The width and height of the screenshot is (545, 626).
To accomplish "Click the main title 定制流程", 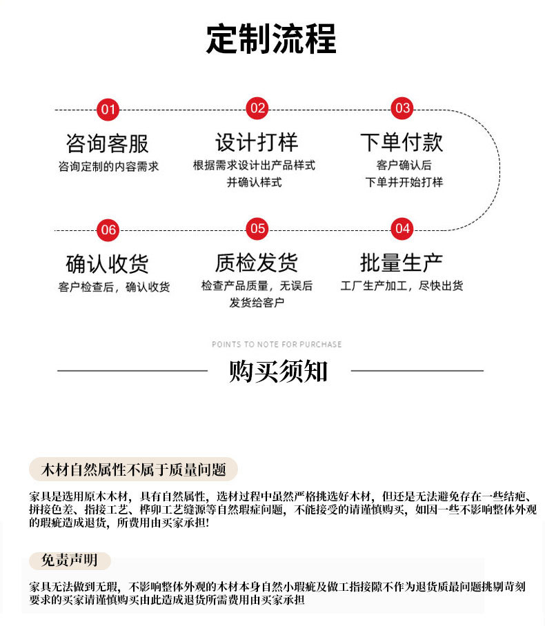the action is pos(271,39).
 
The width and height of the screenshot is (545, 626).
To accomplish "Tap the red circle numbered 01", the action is pos(108,109).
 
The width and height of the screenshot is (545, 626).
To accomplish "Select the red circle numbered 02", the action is pos(257,108).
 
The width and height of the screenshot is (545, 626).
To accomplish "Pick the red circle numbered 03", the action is pos(402,108).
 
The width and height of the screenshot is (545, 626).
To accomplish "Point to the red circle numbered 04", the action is pos(402,228).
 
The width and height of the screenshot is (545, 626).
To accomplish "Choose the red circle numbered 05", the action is pos(257,228).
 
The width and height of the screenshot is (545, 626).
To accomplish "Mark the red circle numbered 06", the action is pos(108,230).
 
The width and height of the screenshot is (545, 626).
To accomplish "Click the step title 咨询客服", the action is pos(107,143).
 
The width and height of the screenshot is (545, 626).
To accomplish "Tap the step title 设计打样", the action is pos(256,143).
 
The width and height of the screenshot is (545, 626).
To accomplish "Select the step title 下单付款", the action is pos(402,143).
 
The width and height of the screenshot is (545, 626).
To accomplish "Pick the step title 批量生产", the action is pos(402,263).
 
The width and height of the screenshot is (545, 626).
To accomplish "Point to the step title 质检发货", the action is pos(256,263).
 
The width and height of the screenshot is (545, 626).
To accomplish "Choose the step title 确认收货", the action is pos(107,263).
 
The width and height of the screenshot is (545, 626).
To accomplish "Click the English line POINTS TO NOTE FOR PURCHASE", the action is pos(277,344).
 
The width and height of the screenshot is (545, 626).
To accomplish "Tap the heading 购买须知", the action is pos(278,372).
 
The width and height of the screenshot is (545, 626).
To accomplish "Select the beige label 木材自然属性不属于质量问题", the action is pos(133,470).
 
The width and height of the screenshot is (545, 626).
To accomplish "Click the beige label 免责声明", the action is pos(69,560).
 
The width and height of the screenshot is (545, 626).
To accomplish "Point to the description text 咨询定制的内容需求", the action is pos(108,167).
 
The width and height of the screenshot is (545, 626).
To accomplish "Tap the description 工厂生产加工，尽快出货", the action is pos(402,285).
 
